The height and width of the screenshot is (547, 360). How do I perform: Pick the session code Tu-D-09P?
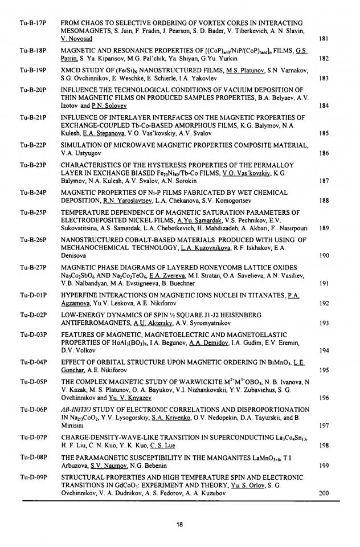point(32,477)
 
